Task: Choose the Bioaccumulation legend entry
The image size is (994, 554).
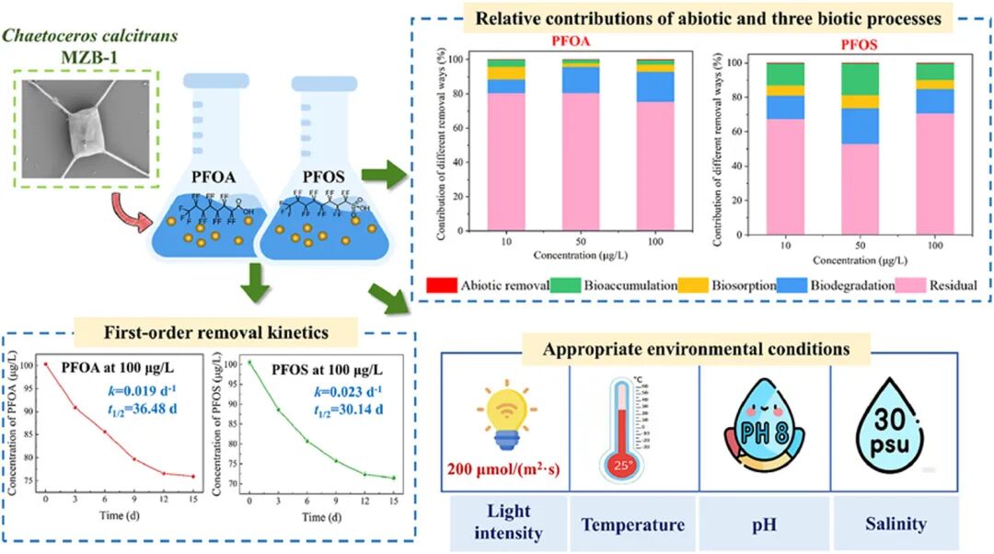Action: [597, 286]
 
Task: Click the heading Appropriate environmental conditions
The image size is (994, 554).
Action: [710, 351]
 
